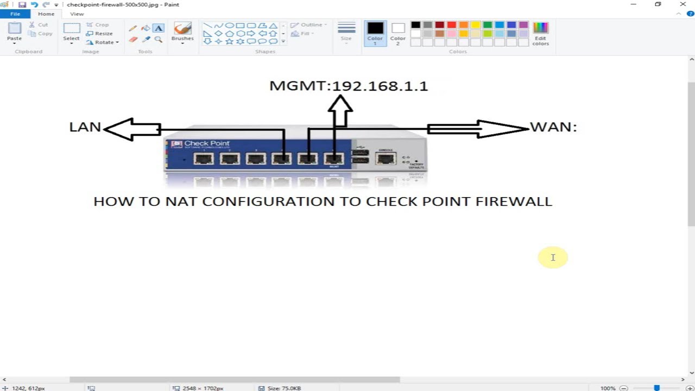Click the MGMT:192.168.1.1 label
349,86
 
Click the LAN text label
85,127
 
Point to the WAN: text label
553,127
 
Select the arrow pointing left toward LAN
132,129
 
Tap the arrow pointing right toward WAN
478,129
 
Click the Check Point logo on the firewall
200,144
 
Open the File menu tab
15,14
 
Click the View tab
77,14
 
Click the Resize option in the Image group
100,33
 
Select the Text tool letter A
159,28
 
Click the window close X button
683,4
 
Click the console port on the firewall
386,159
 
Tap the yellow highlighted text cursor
553,257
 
